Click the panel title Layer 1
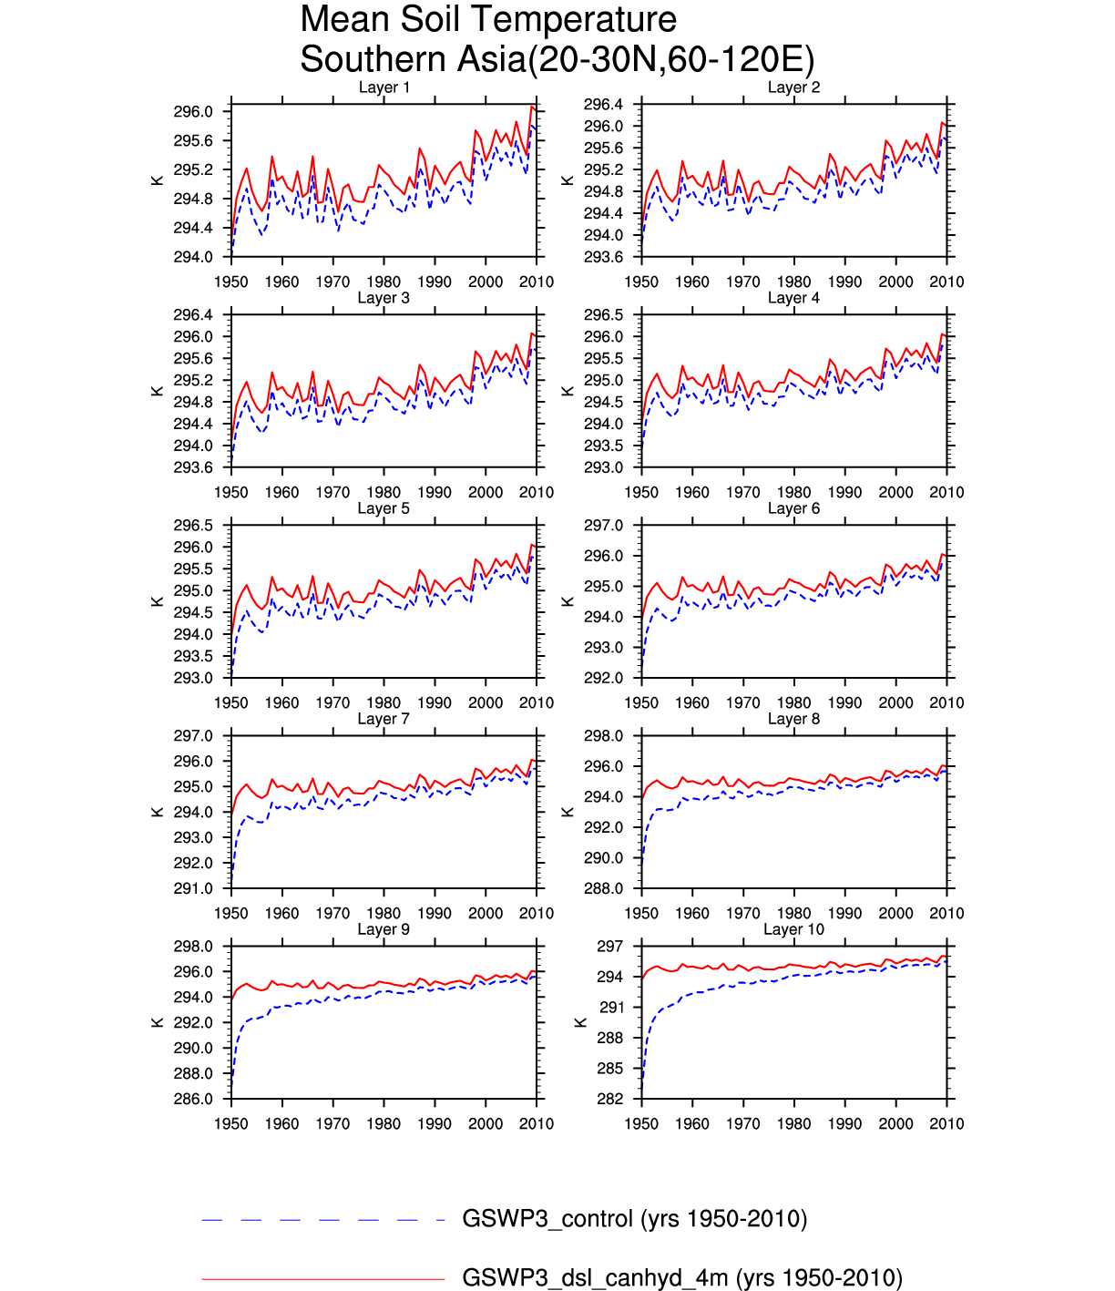pos(384,87)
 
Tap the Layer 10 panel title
pos(793,929)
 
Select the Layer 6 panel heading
pos(793,508)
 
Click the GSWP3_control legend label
pos(635,1219)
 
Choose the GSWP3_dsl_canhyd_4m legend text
pos(682,1278)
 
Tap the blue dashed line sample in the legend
pos(323,1220)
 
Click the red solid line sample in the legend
pos(323,1279)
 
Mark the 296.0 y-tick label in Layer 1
pos(193,112)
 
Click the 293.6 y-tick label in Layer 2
pos(603,257)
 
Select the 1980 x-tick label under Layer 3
pos(384,492)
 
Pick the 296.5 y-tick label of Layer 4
pos(603,315)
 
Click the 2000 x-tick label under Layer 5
pos(486,702)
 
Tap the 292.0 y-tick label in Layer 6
pos(603,678)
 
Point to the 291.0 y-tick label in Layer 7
pos(193,888)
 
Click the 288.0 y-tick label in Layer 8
pos(603,888)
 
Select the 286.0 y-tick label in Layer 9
pos(193,1099)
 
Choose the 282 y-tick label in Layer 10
pos(610,1099)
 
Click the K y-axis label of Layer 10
pos(580,1022)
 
